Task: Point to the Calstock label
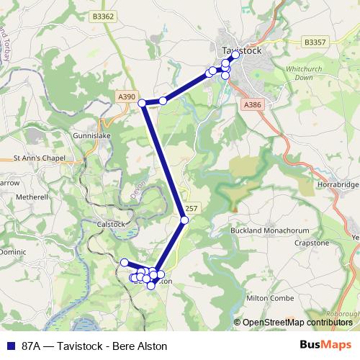point(110,224)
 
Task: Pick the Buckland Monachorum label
point(269,230)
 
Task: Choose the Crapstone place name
point(312,243)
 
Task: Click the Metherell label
point(31,197)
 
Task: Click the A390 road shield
point(126,96)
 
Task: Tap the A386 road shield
point(252,105)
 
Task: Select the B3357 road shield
point(315,42)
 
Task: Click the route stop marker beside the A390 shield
point(143,103)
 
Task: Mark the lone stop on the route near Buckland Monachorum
point(184,220)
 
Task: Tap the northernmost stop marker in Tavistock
point(235,55)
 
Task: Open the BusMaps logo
point(325,345)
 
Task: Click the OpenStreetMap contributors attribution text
point(297,322)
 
